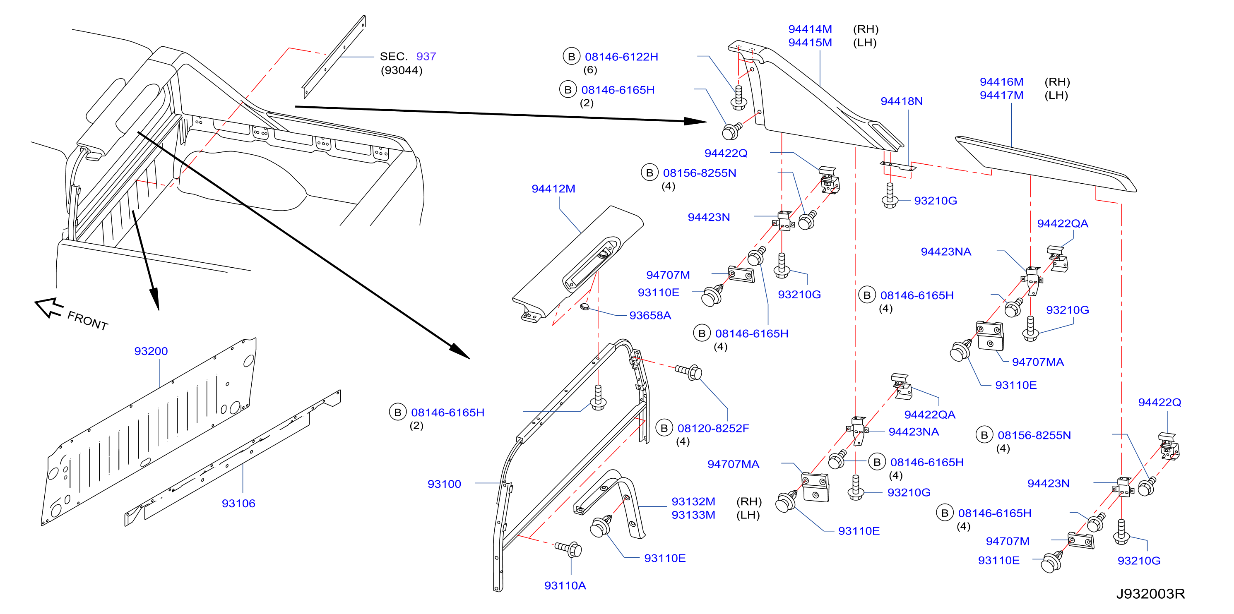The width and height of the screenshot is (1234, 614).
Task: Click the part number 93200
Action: tap(151, 351)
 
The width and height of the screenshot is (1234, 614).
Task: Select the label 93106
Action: tap(238, 504)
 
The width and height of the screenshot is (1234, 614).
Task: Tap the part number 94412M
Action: tap(553, 189)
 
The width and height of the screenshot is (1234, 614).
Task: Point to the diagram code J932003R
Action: tap(1150, 594)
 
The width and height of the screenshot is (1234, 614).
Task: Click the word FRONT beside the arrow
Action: tap(88, 320)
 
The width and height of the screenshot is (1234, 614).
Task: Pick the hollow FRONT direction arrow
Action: tap(49, 307)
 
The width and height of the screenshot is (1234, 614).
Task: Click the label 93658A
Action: tap(650, 316)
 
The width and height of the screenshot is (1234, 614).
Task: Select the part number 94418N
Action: tap(902, 101)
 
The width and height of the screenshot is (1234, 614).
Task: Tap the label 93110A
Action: tap(565, 586)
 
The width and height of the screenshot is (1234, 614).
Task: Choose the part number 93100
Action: tap(444, 484)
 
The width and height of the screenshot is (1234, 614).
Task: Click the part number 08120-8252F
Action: tap(713, 428)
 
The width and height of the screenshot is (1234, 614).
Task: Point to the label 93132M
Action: tap(693, 501)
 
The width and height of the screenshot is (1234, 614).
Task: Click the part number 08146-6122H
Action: tap(621, 57)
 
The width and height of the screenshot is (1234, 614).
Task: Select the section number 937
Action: tap(426, 57)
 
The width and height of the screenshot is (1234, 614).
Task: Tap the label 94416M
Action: tap(1001, 82)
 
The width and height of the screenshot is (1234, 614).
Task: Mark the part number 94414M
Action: tap(810, 29)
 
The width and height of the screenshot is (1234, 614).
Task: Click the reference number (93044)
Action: tap(402, 70)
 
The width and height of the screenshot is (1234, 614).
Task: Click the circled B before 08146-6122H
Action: tap(571, 57)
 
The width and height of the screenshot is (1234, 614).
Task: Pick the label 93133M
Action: tap(693, 515)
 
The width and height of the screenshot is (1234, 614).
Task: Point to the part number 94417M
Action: tap(1001, 95)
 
